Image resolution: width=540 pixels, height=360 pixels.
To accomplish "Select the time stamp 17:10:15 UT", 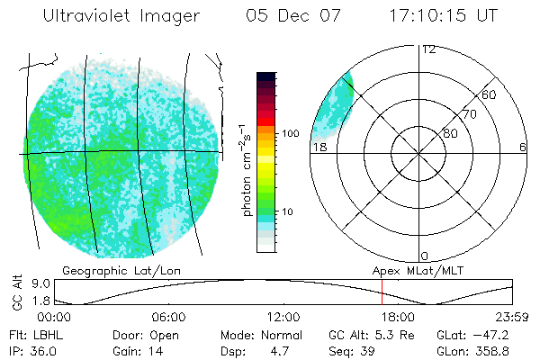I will pos(445,16).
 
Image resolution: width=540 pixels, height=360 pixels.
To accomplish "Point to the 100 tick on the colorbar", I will pos(290,132).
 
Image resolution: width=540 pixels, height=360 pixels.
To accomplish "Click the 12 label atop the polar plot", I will pos(428,49).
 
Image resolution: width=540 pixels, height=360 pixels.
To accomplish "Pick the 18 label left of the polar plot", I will pos(319,147).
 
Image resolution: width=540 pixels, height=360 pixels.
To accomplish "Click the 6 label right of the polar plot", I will pos(523,147).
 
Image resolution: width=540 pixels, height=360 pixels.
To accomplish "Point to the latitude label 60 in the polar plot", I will pos(490,94).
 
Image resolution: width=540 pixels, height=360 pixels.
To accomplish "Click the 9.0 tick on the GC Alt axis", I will pos(27,283).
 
